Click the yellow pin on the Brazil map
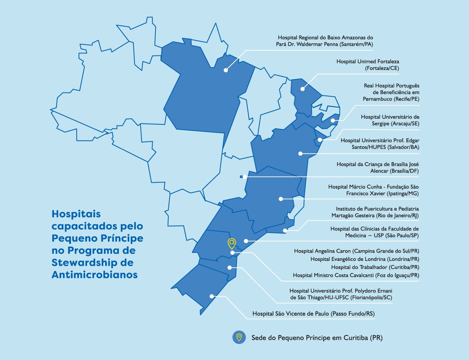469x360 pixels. point(232,244)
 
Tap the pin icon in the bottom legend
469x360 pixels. point(239,337)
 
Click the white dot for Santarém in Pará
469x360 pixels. point(226,70)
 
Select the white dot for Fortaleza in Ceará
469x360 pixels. point(303,89)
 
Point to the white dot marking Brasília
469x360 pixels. point(245,177)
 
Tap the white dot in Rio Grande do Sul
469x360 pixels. point(211,296)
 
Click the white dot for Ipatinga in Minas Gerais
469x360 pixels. point(281,199)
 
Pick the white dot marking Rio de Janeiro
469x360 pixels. point(285,230)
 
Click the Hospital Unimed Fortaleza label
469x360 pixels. point(368,65)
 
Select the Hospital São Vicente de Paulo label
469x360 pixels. point(313,314)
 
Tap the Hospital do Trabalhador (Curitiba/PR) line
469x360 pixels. point(375,267)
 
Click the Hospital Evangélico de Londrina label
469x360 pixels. point(364,259)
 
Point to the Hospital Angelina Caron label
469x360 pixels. point(357,251)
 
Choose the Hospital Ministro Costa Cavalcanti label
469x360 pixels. point(356,275)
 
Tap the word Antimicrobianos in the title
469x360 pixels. point(94,275)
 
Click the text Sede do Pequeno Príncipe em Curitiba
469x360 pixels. point(317,337)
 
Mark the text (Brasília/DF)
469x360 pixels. point(404,171)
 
